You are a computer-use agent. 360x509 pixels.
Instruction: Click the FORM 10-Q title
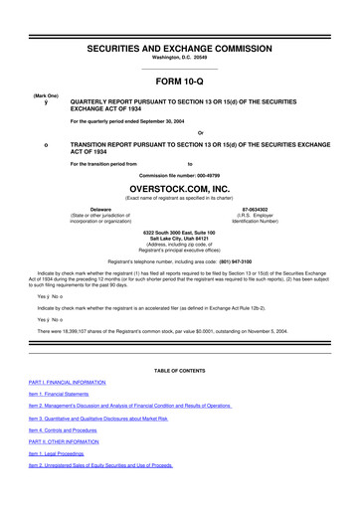(180, 84)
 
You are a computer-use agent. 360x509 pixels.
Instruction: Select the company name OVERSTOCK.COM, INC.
(180, 186)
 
